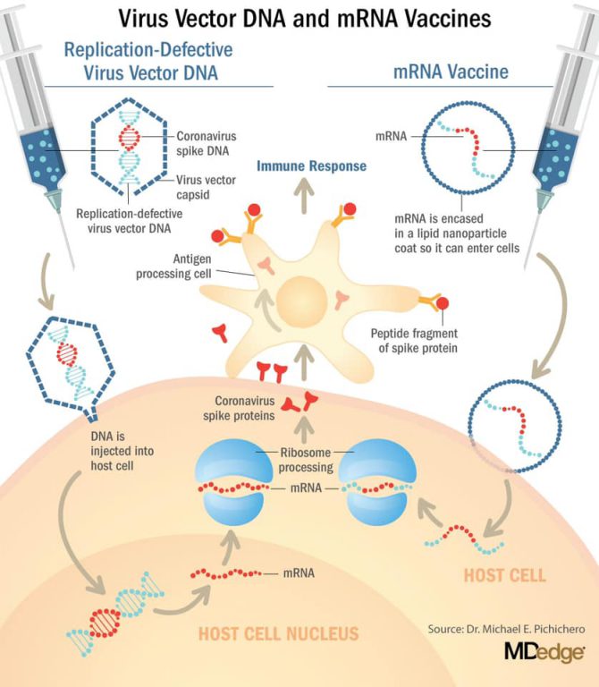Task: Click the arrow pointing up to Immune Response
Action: tap(300, 191)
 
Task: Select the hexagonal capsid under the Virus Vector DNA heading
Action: tap(127, 147)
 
